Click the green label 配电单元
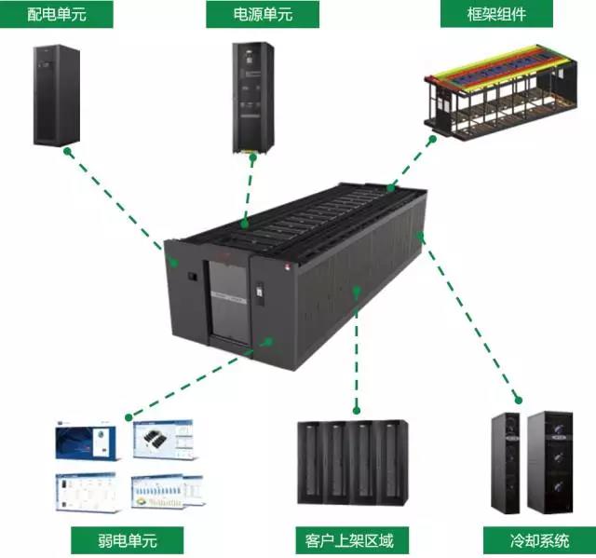(x=58, y=15)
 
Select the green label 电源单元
(x=262, y=15)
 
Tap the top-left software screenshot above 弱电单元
(x=87, y=442)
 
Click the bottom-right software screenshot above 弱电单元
(x=168, y=492)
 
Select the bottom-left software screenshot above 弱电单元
(x=87, y=492)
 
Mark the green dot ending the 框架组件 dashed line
(x=432, y=137)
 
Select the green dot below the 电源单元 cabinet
(x=253, y=157)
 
